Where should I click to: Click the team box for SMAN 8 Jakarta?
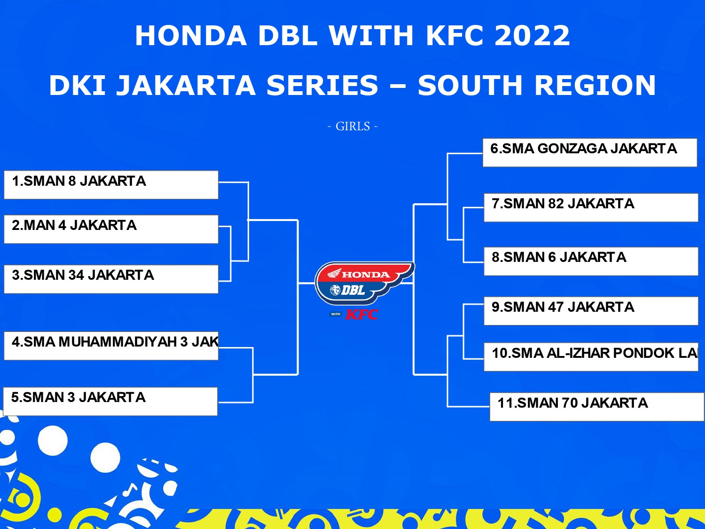coord(111,185)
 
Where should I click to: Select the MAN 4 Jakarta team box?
coord(111,229)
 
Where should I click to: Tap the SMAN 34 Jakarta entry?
coord(111,279)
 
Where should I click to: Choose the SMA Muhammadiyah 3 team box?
coord(111,346)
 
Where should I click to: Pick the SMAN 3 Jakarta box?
coord(110,401)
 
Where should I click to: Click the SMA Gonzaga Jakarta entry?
coord(590,152)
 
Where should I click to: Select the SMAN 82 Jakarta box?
coord(591,207)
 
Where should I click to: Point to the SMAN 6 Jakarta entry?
coord(591,261)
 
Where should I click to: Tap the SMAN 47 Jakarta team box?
coord(591,311)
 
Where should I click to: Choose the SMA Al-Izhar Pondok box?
coord(591,357)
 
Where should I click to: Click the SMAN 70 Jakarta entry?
coord(597,407)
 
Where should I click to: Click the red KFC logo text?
coord(361,315)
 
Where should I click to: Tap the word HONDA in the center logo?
coord(366,275)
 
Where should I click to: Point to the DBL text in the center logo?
coord(353,290)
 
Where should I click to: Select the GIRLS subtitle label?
coord(352,126)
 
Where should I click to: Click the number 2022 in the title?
coord(532,35)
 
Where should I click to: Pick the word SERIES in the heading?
coord(322,85)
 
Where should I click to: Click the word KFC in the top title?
coord(455,35)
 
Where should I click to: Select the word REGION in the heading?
coord(595,85)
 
